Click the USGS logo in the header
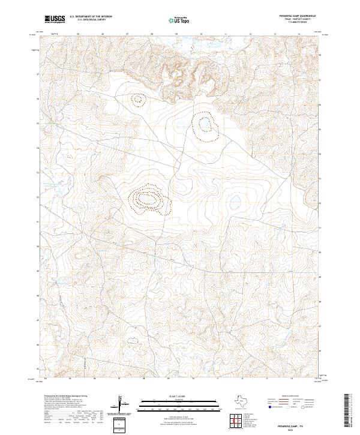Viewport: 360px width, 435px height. [x=55, y=19]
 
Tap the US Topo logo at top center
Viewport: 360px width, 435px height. [x=180, y=20]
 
